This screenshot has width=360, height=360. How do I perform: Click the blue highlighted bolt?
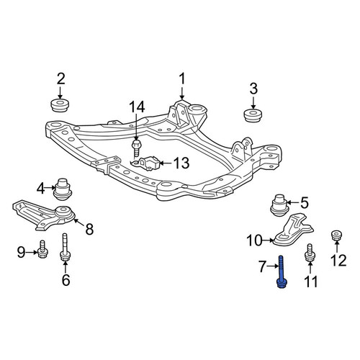click(x=282, y=272)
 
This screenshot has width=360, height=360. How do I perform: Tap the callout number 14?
click(x=137, y=107)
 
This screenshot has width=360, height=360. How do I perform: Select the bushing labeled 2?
click(x=60, y=105)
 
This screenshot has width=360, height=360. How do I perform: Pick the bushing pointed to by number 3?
click(x=253, y=115)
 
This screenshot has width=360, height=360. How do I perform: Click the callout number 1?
click(x=182, y=79)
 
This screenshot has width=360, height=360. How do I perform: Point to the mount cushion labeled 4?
click(x=62, y=189)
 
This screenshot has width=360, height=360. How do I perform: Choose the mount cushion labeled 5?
click(x=279, y=204)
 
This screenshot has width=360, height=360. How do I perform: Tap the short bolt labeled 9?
click(x=42, y=249)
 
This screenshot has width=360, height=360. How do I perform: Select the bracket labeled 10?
click(x=294, y=231)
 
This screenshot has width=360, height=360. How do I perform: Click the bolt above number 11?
click(x=310, y=253)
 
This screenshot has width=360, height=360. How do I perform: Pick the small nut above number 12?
click(x=336, y=235)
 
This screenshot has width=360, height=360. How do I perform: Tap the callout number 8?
click(x=89, y=229)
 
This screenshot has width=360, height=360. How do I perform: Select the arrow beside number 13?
click(x=166, y=163)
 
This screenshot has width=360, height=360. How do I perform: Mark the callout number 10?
click(x=254, y=240)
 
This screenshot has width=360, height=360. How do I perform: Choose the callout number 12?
click(x=338, y=261)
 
